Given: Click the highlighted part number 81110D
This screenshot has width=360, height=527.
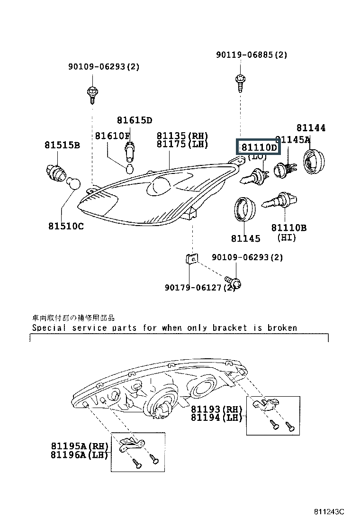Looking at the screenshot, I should pos(259,147).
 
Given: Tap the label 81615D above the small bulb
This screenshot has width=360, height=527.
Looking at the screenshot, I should pos(135,120).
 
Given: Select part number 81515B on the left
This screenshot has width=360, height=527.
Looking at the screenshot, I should pos(62,145).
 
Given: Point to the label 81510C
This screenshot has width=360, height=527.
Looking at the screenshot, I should pos(65,226).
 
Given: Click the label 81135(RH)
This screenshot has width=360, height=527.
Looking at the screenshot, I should pos(182,136).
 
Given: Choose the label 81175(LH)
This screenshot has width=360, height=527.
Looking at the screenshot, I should pos(182,144).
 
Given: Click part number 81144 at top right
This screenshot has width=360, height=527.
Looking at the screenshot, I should pos(311,128).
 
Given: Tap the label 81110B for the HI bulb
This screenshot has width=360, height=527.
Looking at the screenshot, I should pos(288,228).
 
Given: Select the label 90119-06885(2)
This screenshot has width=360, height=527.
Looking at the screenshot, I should pos(252,55).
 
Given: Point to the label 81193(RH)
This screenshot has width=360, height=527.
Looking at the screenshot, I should pos(216,409).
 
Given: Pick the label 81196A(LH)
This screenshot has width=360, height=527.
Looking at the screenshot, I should pos(80,455).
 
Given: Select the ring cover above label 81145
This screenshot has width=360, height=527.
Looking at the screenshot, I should pos(245,209).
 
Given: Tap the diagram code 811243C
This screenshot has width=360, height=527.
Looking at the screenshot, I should pos(329,512).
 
